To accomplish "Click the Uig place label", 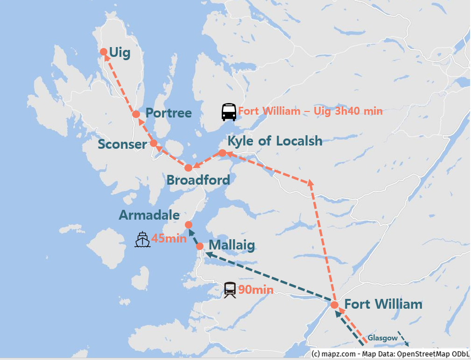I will pos(120,53).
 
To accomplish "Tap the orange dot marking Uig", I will pos(104,52).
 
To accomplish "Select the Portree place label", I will pos(169,113).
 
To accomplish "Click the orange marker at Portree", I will pos(136,114).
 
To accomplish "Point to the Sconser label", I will pos(122,145).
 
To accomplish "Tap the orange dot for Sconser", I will pos(153,143).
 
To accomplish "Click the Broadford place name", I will pos(198,180).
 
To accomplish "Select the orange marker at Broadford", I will pos(188,168).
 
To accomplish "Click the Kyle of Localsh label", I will pos(274,141).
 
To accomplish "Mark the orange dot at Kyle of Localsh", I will pos(223,153).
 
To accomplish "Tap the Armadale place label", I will pos(149,215).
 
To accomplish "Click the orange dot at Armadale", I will pos(189,225).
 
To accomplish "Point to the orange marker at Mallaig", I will pos(200,246).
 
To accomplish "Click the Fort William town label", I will pos(383,305).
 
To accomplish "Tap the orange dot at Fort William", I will pos(334,305).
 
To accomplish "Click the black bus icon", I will pos(229,112).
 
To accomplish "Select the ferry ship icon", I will pos(142,239).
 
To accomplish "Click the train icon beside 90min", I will pos(230,290).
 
